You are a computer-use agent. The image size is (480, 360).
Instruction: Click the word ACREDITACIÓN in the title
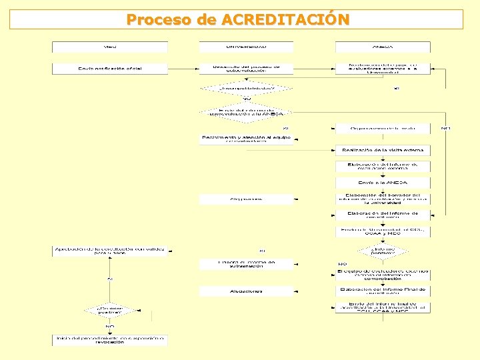[285, 19]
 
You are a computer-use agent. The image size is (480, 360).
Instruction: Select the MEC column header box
[110, 47]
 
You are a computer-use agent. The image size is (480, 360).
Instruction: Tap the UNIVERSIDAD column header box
[246, 47]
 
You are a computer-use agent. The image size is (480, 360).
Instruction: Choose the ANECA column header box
[383, 47]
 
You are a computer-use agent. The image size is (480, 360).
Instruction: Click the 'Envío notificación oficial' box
[110, 69]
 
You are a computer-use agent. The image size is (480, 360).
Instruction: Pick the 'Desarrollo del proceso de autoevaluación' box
[246, 69]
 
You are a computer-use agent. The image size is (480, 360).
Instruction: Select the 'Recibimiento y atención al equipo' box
[246, 139]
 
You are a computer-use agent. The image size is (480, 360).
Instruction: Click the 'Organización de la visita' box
[383, 128]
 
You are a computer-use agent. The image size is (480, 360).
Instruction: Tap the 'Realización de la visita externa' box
[383, 150]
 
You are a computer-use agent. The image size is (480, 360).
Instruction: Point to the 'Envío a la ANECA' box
[383, 183]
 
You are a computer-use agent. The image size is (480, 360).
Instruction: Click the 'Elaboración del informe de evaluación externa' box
[383, 166]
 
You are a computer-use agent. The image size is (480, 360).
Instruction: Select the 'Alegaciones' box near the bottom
[246, 291]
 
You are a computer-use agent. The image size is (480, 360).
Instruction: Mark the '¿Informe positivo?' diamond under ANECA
[383, 251]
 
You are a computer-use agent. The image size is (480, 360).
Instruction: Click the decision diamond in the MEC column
[110, 311]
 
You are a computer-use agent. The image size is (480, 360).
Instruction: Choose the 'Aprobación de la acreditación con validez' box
[110, 251]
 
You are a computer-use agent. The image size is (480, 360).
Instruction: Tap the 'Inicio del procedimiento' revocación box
[110, 340]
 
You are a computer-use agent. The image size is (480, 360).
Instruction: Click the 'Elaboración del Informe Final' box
[383, 291]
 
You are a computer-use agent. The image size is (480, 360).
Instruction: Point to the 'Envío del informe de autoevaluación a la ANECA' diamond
[246, 112]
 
